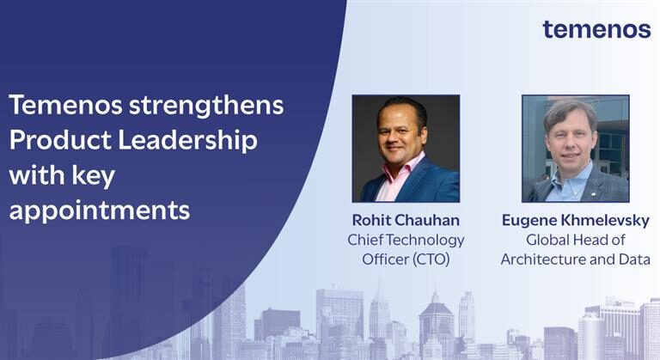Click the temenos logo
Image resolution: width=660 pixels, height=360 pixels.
[x=596, y=29]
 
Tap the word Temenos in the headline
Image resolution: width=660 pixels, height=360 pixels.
[x=65, y=105]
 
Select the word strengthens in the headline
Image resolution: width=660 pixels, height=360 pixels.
[x=206, y=106]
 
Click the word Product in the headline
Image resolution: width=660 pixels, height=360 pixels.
[x=60, y=140]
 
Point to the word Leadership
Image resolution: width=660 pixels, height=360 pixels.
[x=187, y=141]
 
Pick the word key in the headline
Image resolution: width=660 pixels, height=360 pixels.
[x=94, y=175]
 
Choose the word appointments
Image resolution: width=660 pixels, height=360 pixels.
[x=100, y=211]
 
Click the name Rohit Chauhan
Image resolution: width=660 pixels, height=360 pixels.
[x=406, y=220]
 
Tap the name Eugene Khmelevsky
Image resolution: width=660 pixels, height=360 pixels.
[x=576, y=220]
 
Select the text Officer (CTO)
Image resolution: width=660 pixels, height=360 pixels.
[x=406, y=259]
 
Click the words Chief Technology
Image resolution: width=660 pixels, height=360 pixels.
[x=406, y=240]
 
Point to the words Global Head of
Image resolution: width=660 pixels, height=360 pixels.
[x=576, y=240]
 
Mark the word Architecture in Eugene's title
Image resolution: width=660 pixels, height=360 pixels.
[x=543, y=259]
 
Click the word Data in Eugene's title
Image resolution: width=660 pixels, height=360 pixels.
[x=634, y=259]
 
